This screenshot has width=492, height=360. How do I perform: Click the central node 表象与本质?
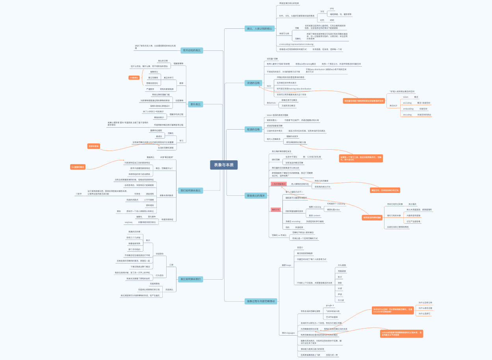(x=223, y=165)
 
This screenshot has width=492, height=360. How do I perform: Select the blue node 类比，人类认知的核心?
(x=259, y=28)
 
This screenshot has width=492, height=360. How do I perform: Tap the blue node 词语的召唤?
(x=254, y=83)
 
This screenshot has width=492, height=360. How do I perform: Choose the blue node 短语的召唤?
(x=253, y=129)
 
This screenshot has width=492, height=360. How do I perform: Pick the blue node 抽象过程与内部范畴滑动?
(x=261, y=301)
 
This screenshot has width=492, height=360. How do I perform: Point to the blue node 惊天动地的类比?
(x=192, y=50)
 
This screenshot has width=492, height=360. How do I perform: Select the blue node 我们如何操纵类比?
(x=190, y=191)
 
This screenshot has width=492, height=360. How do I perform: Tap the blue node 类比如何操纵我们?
(x=190, y=279)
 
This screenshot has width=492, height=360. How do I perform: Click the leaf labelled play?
(x=332, y=8)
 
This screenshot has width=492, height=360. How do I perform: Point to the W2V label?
(x=269, y=86)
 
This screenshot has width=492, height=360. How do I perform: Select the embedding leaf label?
(x=408, y=109)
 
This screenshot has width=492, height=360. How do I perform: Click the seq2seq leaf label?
(x=128, y=222)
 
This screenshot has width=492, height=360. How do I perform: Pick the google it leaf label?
(x=330, y=305)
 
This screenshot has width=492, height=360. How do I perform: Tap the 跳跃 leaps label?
(x=286, y=265)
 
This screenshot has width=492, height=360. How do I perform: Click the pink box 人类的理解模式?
(x=278, y=184)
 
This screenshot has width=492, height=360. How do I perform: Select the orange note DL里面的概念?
(x=78, y=167)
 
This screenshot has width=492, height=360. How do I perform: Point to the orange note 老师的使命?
(x=94, y=146)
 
